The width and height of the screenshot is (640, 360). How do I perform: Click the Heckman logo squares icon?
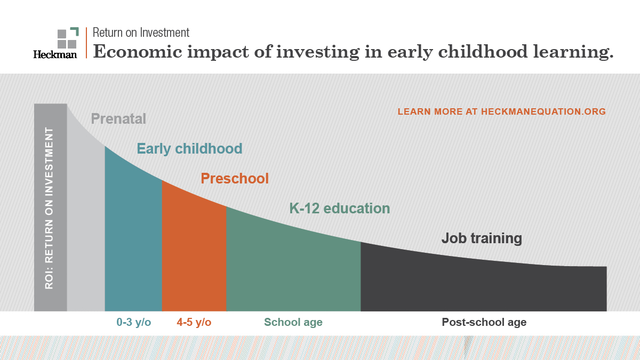pyautogui.click(x=68, y=37)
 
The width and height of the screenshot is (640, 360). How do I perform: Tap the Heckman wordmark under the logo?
pyautogui.click(x=55, y=54)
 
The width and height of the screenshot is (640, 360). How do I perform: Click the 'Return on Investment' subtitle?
pyautogui.click(x=141, y=33)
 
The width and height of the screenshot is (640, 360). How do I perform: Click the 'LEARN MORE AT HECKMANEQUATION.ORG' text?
pyautogui.click(x=501, y=111)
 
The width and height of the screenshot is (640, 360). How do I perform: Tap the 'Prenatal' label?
pyautogui.click(x=118, y=118)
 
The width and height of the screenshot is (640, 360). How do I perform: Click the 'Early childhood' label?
pyautogui.click(x=189, y=148)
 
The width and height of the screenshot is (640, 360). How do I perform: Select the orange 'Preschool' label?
pyautogui.click(x=235, y=178)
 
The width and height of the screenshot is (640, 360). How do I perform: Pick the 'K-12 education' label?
pyautogui.click(x=339, y=208)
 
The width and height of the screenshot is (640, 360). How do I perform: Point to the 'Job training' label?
pyautogui.click(x=481, y=238)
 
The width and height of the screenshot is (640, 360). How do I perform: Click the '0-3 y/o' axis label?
pyautogui.click(x=134, y=322)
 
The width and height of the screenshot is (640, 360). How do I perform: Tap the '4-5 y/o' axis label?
pyautogui.click(x=194, y=322)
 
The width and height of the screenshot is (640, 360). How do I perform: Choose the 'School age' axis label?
pyautogui.click(x=293, y=322)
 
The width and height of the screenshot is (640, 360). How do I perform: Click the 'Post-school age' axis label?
pyautogui.click(x=484, y=322)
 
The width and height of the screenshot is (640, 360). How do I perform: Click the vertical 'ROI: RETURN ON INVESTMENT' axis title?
pyautogui.click(x=50, y=208)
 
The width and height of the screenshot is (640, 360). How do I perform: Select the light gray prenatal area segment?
pyautogui.click(x=86, y=224)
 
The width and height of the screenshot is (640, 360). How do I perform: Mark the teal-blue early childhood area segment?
pyautogui.click(x=133, y=240)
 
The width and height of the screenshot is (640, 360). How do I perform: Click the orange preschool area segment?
pyautogui.click(x=194, y=256)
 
